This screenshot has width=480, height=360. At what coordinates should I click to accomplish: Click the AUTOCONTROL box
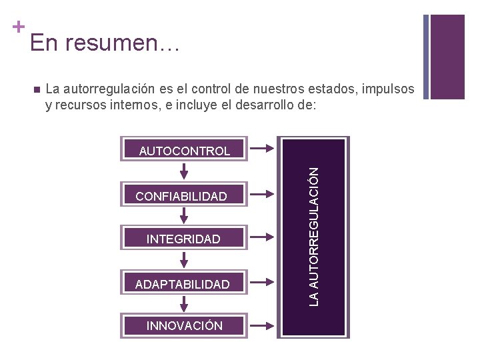tap(184, 150)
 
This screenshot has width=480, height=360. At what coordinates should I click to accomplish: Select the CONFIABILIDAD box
tap(181, 196)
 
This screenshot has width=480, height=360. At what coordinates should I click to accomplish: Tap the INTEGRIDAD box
tap(183, 239)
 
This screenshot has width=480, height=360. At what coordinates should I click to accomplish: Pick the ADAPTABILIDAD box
tap(182, 285)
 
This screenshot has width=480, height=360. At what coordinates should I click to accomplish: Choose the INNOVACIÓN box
tap(184, 326)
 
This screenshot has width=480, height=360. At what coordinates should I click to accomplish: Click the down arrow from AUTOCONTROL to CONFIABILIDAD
tap(183, 171)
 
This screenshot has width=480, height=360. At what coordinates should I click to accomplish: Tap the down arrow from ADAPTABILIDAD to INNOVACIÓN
tap(183, 305)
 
